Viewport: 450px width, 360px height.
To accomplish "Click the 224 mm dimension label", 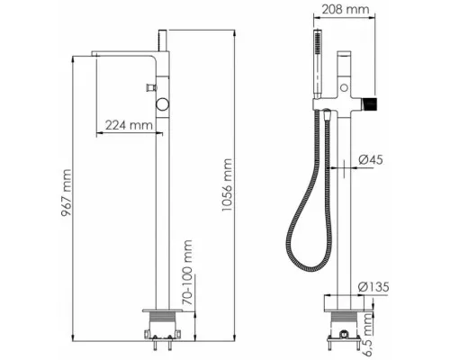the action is coord(129,124).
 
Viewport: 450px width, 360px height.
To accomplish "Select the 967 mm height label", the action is coord(67,193).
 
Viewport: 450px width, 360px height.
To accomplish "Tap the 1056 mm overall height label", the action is coord(227,184).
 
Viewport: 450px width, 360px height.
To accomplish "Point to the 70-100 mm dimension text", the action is coord(187,272).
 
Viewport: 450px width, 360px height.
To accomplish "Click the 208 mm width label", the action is coord(345,9).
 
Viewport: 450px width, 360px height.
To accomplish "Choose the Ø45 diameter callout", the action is coord(371,159).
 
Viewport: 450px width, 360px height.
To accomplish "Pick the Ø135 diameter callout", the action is coord(373,287).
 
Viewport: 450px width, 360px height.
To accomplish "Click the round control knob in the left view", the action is coord(162,104).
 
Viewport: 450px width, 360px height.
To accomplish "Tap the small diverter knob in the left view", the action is coord(151,87).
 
